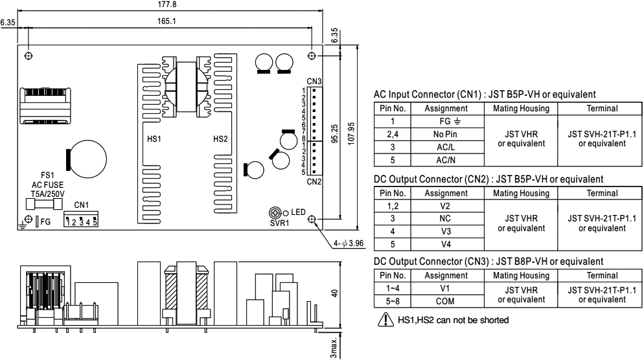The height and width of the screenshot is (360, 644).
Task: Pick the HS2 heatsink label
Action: point(220,139)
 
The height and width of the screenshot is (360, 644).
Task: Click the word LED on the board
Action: point(298,212)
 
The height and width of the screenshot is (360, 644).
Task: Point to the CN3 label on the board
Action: point(314,81)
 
